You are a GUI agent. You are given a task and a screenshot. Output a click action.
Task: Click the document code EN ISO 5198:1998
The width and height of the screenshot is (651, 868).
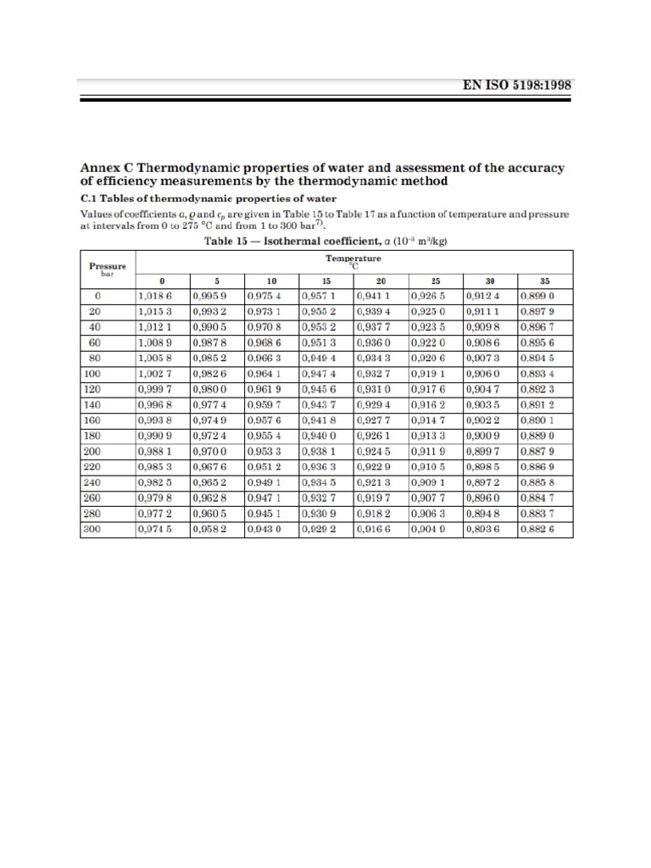[x=515, y=85]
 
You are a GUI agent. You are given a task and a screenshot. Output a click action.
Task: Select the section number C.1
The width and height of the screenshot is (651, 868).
[x=90, y=197]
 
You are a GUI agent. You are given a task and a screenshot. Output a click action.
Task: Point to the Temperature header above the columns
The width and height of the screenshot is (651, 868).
[x=353, y=259]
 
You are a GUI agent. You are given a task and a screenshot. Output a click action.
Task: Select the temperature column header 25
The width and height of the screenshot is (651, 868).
[x=435, y=281]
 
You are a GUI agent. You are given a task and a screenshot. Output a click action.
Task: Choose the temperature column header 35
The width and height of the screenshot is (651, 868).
[x=544, y=281]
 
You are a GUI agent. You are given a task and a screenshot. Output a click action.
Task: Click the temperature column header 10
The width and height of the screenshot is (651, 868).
[x=271, y=281]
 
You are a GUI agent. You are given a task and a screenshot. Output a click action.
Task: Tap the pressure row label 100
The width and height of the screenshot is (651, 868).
[x=92, y=374]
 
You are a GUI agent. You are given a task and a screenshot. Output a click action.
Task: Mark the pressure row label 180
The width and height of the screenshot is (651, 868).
[x=92, y=436]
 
